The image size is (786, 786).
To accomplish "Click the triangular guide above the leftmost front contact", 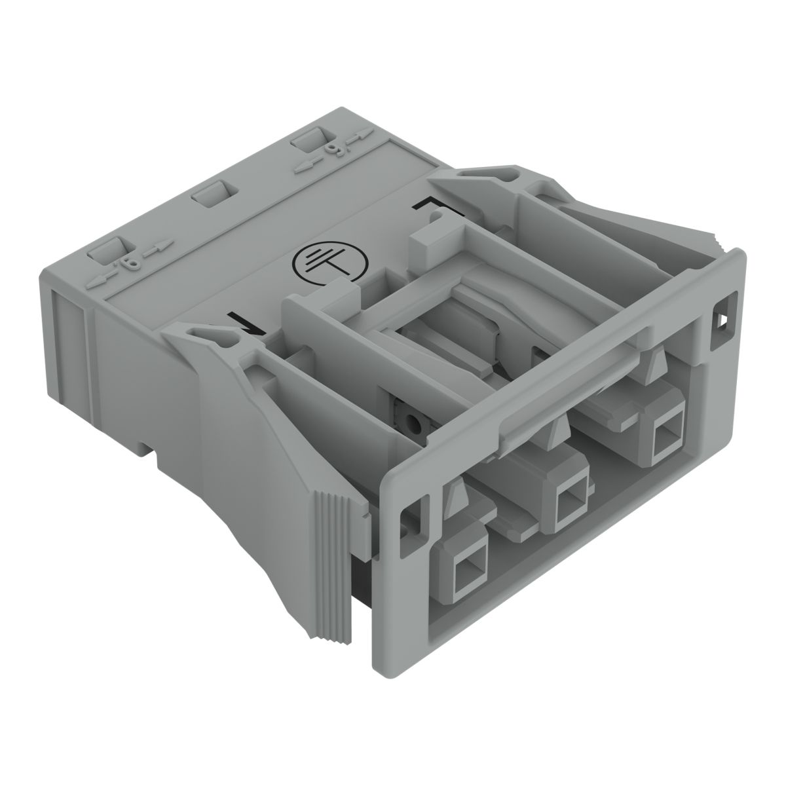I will (x=458, y=500).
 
